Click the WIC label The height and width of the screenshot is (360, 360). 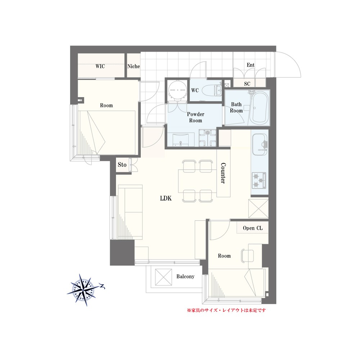(100, 66)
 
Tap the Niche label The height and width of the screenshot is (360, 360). (134, 66)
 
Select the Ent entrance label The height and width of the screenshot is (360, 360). (251, 65)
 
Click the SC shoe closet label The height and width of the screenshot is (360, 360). (247, 84)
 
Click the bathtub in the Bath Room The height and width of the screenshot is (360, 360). (259, 108)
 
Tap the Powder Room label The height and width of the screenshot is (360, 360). (195, 117)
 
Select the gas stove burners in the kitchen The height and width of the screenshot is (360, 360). (259, 180)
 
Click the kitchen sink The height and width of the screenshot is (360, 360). (260, 145)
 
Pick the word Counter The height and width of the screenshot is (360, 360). (223, 173)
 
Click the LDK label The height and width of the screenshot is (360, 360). (166, 198)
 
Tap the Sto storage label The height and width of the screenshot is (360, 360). (122, 165)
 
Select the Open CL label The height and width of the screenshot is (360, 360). (253, 228)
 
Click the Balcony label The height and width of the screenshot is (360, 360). (185, 276)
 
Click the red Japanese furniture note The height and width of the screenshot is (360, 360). (226, 310)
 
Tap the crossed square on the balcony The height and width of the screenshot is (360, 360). (163, 277)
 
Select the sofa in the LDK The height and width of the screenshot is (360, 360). (130, 212)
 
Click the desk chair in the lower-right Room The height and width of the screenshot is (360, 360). (247, 256)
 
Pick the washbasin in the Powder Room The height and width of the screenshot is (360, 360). (181, 139)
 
